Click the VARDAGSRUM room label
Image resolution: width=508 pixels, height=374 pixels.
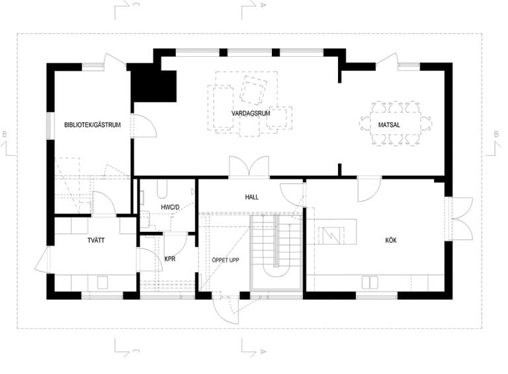tap(251, 114)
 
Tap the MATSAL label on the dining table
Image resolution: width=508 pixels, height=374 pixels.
tap(389, 125)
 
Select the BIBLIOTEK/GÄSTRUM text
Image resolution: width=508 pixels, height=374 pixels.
tap(93, 125)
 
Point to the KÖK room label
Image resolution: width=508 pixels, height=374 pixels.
tap(391, 241)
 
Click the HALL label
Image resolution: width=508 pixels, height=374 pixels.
tap(252, 197)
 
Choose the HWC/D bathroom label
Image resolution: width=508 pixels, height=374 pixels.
tap(170, 207)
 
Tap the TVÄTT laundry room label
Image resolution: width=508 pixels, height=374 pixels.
tap(96, 241)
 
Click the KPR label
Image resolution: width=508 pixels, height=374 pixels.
tap(170, 259)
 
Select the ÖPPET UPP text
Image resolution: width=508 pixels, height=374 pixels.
tap(226, 260)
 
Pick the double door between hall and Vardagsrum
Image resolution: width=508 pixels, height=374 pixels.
tap(249, 167)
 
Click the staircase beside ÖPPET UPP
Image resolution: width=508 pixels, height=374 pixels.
tap(276, 252)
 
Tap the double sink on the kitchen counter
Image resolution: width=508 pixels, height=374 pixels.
tap(370, 282)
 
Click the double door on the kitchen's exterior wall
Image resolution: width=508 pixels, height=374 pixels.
tap(460, 219)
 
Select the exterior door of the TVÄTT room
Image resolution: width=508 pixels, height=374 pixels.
tap(42, 260)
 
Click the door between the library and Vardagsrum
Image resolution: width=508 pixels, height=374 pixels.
tap(144, 126)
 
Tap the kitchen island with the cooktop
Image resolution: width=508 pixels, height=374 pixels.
tap(331, 232)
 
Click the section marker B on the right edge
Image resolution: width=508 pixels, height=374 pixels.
tap(495, 133)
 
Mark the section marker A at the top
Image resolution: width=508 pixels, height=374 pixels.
tap(263, 5)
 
